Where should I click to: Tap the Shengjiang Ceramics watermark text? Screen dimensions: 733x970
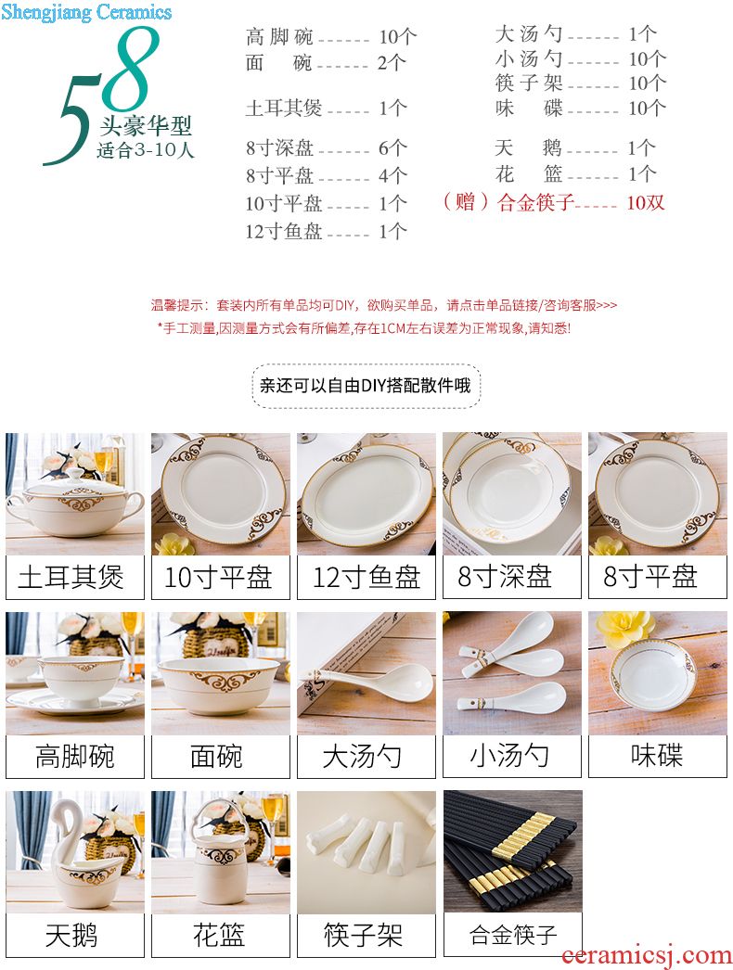(x=86, y=12)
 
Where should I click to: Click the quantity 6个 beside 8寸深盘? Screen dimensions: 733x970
(x=392, y=147)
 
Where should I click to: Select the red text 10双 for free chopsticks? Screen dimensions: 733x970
(x=646, y=202)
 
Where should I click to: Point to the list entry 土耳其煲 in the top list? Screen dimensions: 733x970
(x=284, y=108)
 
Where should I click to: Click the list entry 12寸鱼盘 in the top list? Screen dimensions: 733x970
(x=284, y=231)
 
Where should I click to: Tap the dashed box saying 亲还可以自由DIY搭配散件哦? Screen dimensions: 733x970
(x=366, y=386)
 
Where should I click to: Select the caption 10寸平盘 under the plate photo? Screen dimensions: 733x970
(x=218, y=577)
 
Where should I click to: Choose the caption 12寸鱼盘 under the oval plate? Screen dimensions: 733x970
(x=366, y=577)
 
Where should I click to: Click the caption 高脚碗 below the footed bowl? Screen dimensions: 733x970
(x=75, y=757)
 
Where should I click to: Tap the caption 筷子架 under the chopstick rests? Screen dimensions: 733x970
(x=364, y=935)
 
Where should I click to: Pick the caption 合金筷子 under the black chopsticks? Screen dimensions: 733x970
(x=513, y=934)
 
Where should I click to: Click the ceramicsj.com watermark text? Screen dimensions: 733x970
(x=646, y=956)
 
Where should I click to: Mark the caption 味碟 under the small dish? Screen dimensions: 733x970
(x=657, y=756)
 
